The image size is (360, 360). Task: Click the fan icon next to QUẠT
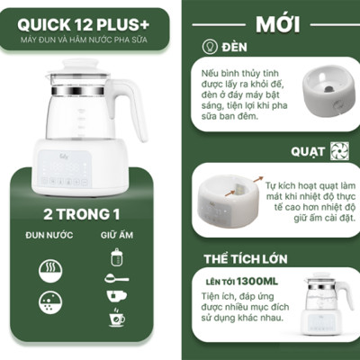coord(338,151)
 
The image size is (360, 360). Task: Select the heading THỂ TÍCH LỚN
coord(245,259)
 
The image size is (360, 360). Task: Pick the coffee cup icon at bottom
coord(116,318)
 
